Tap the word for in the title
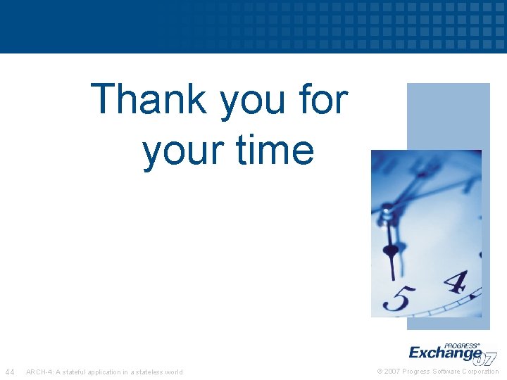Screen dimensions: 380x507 click(x=323, y=99)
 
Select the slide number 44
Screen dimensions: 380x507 click(x=10, y=372)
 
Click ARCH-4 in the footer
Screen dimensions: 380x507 click(x=39, y=372)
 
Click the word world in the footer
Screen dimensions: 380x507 click(x=173, y=372)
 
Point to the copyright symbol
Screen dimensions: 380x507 click(x=380, y=372)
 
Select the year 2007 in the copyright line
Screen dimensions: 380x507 click(x=392, y=372)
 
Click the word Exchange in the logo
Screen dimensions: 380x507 click(x=445, y=353)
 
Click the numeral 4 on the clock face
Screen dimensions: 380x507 click(x=455, y=281)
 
